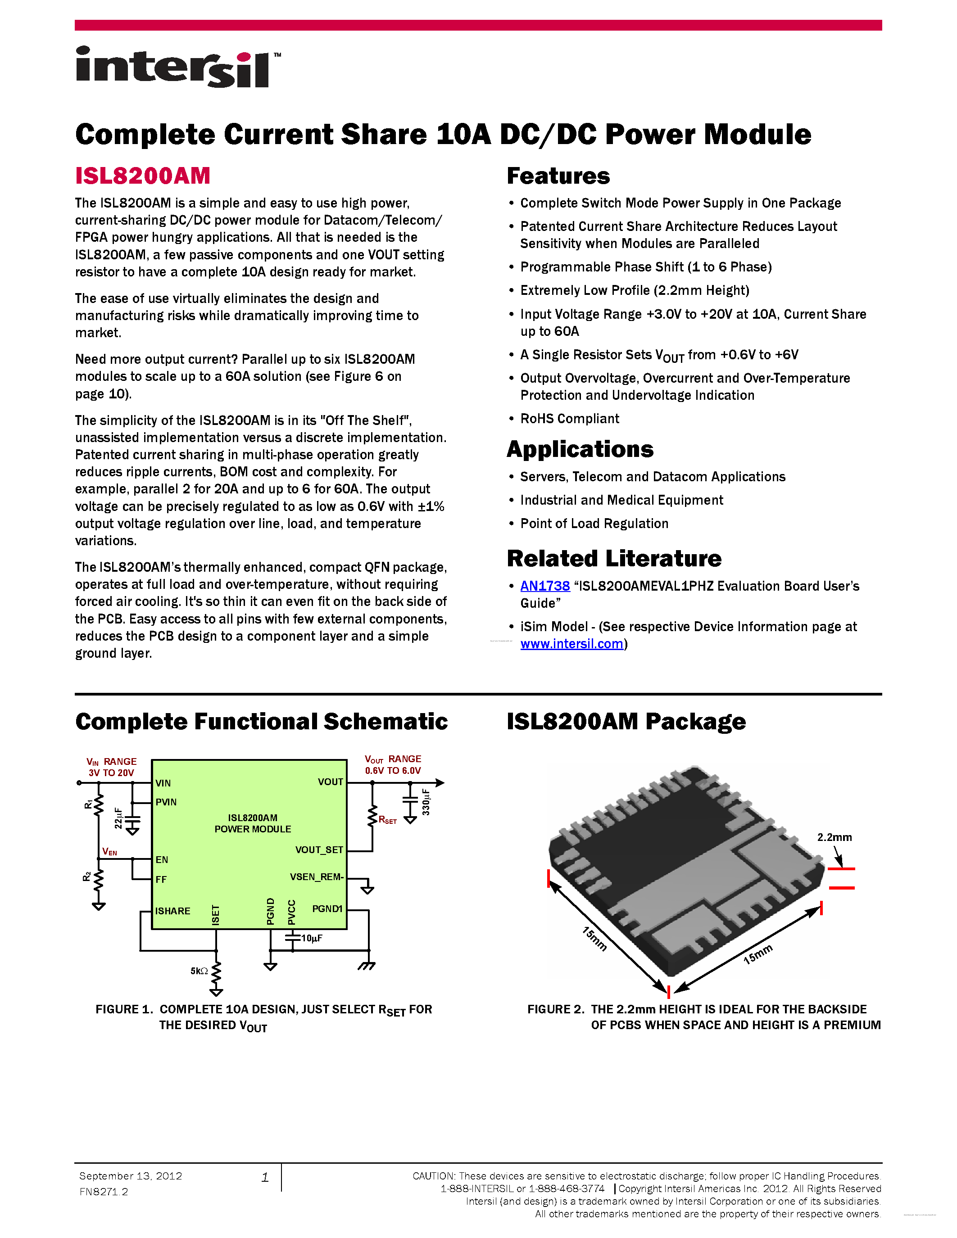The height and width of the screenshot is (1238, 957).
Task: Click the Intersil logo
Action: [x=176, y=67]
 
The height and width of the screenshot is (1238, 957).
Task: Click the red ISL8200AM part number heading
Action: [x=143, y=176]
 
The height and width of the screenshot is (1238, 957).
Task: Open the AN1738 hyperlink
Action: [x=544, y=586]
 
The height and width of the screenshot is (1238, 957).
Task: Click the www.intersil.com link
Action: [x=571, y=644]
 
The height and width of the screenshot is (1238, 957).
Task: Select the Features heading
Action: [x=558, y=176]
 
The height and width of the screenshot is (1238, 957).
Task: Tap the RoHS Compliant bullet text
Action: [x=569, y=419]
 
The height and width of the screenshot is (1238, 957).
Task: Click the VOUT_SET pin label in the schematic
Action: [x=318, y=849]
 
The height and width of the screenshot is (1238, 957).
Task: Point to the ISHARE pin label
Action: [x=172, y=911]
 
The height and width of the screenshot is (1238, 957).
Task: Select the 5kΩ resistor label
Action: [x=199, y=971]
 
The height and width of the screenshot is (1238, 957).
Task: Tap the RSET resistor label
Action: [x=387, y=820]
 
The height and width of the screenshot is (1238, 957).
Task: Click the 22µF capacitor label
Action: [x=118, y=818]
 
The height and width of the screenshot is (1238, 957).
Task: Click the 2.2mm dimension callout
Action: [x=834, y=837]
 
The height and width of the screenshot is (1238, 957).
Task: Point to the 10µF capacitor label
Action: [x=311, y=938]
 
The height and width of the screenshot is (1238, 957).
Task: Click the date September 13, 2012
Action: [x=131, y=1176]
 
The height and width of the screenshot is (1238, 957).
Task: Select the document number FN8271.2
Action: [x=104, y=1192]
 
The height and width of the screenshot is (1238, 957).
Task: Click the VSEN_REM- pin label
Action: [x=316, y=877]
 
